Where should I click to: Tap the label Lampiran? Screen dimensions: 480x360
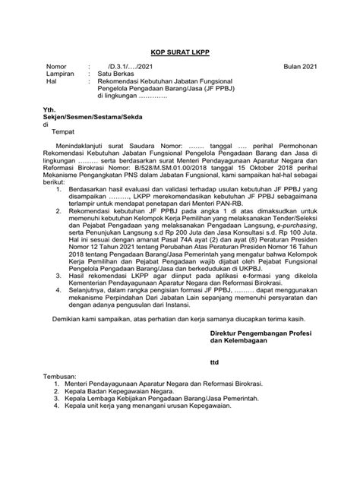61,75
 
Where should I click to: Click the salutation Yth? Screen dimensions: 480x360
52,112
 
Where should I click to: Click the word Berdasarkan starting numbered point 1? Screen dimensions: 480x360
87,194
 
